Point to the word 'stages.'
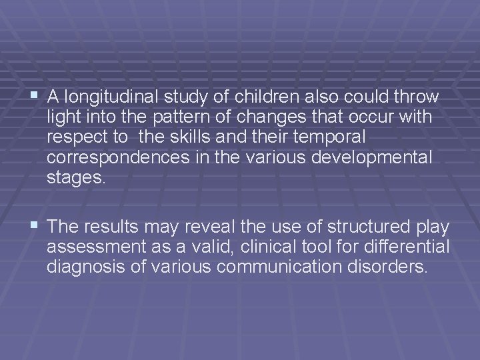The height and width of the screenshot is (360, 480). point(76,179)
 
